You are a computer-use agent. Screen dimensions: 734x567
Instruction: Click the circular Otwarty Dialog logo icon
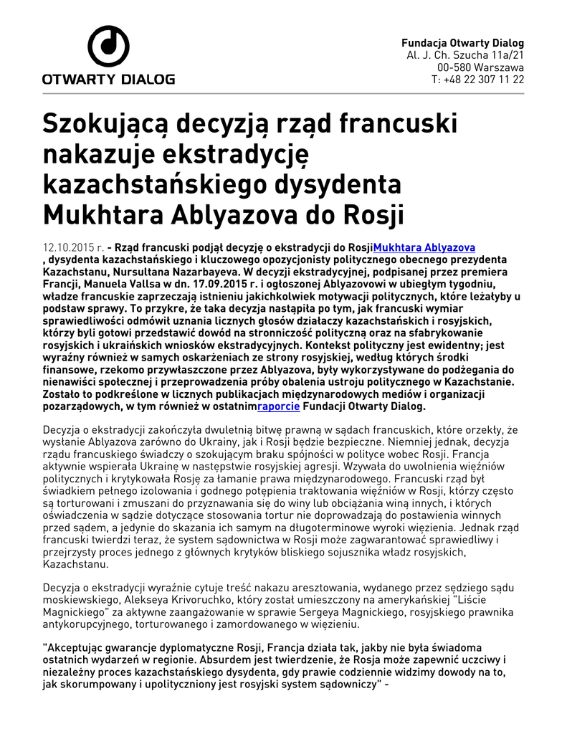coord(108,47)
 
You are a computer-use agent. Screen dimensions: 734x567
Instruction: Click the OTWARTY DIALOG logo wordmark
coord(108,80)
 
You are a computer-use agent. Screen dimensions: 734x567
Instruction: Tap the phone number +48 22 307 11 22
coord(477,80)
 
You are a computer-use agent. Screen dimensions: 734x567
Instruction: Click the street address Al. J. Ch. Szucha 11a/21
coord(465,55)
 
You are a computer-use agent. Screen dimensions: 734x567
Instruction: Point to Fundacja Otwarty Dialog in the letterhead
coord(462,43)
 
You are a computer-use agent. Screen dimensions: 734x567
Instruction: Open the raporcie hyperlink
coord(279,406)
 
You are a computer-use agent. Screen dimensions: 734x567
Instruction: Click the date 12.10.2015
coord(67,247)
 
